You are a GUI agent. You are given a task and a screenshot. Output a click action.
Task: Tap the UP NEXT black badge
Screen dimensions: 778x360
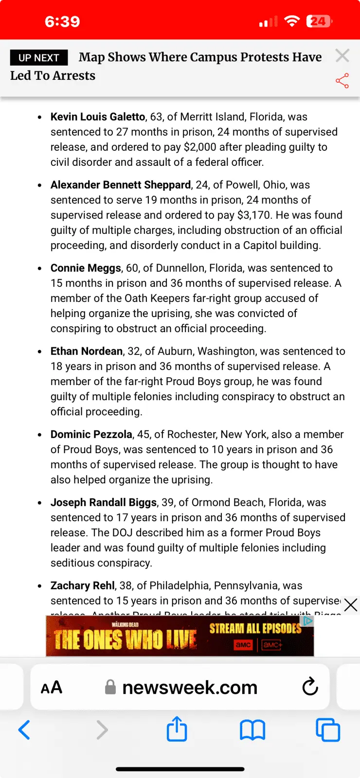(39, 58)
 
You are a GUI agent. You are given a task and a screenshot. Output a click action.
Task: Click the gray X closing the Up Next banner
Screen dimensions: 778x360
(342, 55)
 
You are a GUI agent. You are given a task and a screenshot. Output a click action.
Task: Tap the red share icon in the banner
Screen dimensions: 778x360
(342, 81)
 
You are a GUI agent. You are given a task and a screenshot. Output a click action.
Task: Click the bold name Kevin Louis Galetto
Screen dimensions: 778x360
(98, 117)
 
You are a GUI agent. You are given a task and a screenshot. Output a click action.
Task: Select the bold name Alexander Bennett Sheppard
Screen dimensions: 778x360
(121, 185)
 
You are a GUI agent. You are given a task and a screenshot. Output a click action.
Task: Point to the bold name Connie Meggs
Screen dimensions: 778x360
(86, 268)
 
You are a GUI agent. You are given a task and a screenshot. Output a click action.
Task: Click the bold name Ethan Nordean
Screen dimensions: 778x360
(87, 351)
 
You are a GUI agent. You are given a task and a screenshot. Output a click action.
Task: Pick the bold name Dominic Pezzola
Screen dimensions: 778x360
(91, 434)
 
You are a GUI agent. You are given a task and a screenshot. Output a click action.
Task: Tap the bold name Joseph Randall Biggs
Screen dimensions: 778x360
(104, 502)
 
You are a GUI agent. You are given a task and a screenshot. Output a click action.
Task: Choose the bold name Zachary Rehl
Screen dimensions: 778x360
(83, 585)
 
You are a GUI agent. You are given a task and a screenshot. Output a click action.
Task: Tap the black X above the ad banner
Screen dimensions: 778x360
(350, 605)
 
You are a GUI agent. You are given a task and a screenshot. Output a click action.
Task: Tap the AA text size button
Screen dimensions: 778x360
(52, 688)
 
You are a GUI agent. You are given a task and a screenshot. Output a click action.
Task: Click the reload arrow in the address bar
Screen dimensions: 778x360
(310, 687)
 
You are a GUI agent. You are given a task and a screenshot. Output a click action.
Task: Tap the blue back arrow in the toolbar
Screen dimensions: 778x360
(24, 730)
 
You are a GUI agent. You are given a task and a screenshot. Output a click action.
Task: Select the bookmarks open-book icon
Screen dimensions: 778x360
(252, 730)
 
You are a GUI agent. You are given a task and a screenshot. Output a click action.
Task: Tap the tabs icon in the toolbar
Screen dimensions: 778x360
(328, 730)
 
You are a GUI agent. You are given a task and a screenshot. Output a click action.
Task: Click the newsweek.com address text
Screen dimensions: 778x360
(190, 688)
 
